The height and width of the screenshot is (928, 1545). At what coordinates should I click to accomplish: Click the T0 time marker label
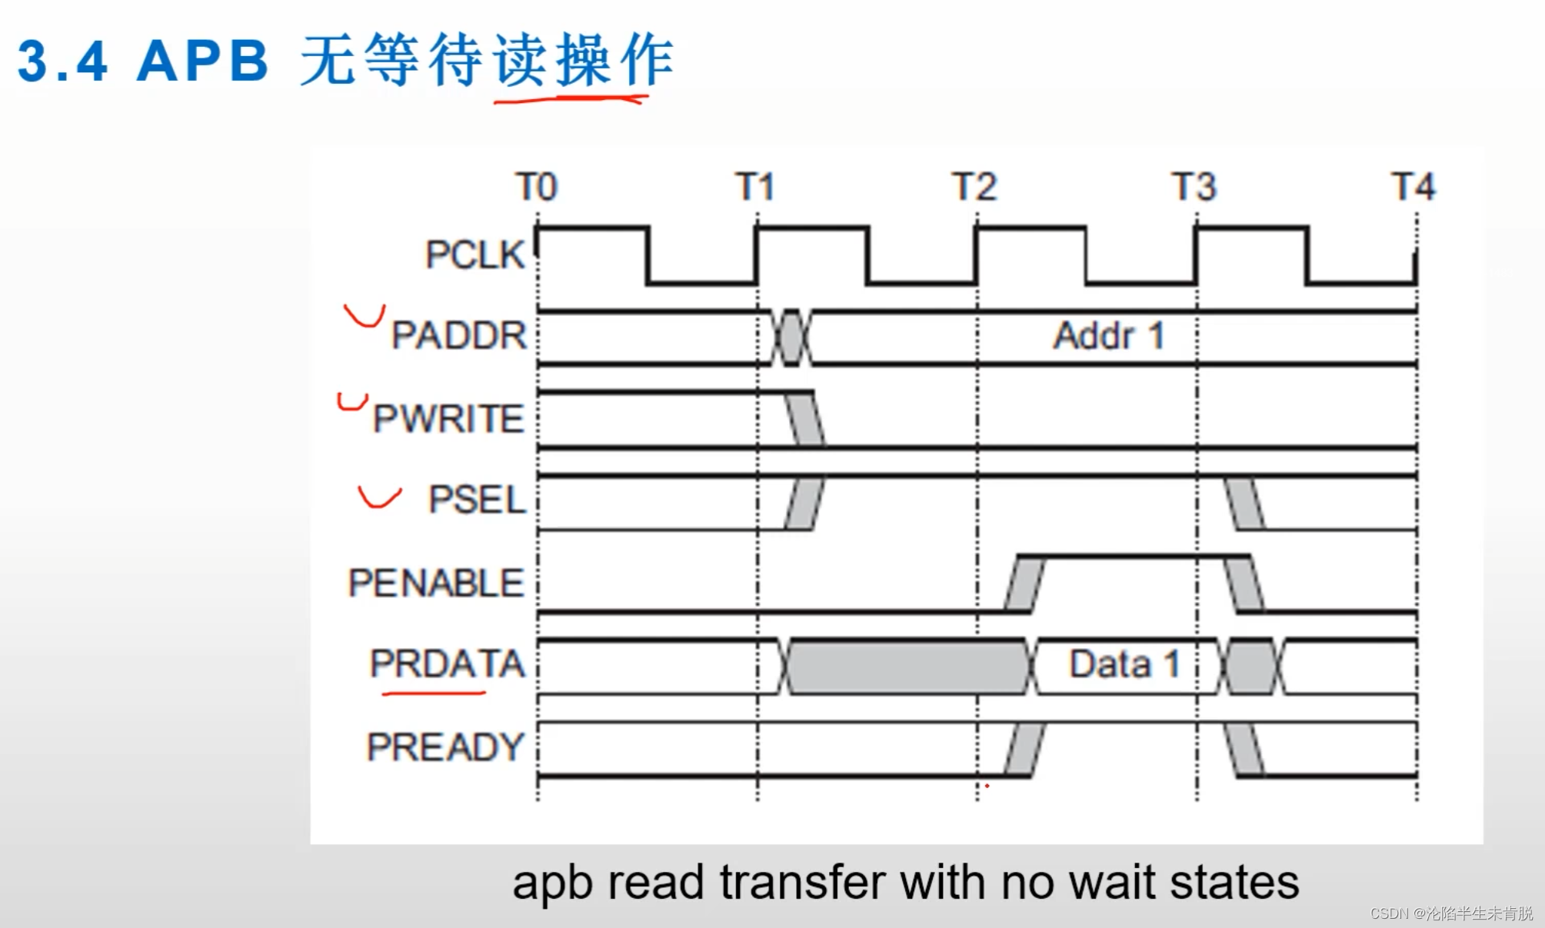(536, 187)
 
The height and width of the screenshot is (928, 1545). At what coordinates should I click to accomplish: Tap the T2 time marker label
(974, 187)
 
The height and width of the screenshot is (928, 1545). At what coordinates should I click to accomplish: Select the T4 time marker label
(1413, 187)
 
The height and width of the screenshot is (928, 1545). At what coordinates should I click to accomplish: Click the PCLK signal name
(474, 254)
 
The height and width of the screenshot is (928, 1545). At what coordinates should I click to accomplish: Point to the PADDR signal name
(459, 335)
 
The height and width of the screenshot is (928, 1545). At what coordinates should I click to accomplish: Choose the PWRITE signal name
(448, 418)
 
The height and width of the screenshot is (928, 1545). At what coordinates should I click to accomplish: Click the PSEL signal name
(477, 500)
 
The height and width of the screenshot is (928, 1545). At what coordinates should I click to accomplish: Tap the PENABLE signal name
(436, 583)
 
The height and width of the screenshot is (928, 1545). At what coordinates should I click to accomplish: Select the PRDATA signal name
(447, 664)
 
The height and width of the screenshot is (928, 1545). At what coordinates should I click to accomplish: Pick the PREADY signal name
(445, 747)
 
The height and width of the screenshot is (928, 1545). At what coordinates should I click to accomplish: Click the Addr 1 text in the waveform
(1108, 336)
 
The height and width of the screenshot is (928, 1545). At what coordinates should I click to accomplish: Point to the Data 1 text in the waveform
(1124, 664)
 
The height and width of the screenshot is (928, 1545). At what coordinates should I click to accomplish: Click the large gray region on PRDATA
(907, 667)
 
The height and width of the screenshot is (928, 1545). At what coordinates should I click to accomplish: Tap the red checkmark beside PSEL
(379, 498)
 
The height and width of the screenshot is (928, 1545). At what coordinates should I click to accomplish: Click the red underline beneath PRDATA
(434, 694)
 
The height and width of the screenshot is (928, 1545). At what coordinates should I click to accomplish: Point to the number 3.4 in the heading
(62, 62)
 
